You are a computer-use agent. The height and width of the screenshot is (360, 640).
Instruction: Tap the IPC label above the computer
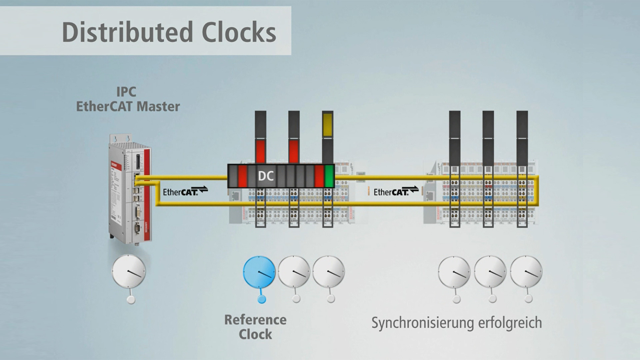[126, 92]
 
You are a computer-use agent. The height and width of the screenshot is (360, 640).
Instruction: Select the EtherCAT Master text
[128, 107]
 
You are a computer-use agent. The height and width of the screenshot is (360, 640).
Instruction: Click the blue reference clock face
[259, 272]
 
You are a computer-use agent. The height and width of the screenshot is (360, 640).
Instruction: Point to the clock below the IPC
[128, 271]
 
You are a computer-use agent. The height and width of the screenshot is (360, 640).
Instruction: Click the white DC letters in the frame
[266, 176]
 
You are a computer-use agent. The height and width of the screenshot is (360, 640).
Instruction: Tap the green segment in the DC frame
[329, 176]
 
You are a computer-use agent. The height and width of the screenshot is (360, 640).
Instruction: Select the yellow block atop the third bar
[327, 125]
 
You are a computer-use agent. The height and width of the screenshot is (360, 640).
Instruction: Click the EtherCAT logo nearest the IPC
[185, 191]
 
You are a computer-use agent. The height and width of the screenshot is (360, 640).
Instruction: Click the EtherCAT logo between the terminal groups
[396, 191]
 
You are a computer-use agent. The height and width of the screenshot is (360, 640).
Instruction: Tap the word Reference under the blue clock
[255, 320]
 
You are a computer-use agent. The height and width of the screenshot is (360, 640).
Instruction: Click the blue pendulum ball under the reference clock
[262, 299]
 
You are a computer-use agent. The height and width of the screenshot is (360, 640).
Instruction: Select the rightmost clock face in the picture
[526, 272]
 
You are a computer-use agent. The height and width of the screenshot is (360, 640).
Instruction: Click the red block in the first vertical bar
[260, 151]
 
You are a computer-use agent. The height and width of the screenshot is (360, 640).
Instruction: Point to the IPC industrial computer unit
[130, 188]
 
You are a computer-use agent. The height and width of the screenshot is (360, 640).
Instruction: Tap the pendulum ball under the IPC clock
[131, 300]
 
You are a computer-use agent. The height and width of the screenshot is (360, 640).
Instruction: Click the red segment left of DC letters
[242, 176]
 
